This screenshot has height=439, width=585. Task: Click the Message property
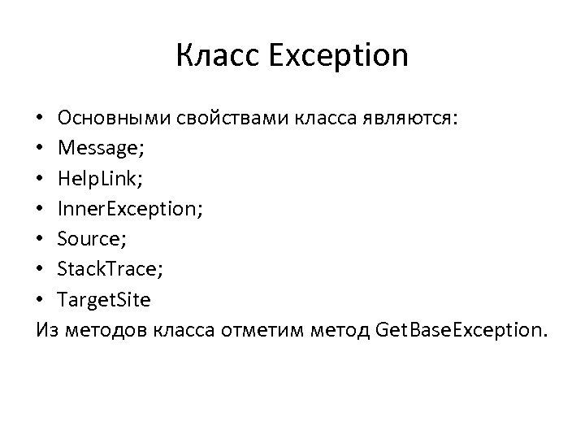pyautogui.click(x=95, y=150)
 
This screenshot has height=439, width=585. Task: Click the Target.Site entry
pyautogui.click(x=104, y=300)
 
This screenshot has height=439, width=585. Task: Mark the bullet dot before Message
pyautogui.click(x=41, y=150)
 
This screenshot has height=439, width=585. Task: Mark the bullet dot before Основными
pyautogui.click(x=41, y=120)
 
